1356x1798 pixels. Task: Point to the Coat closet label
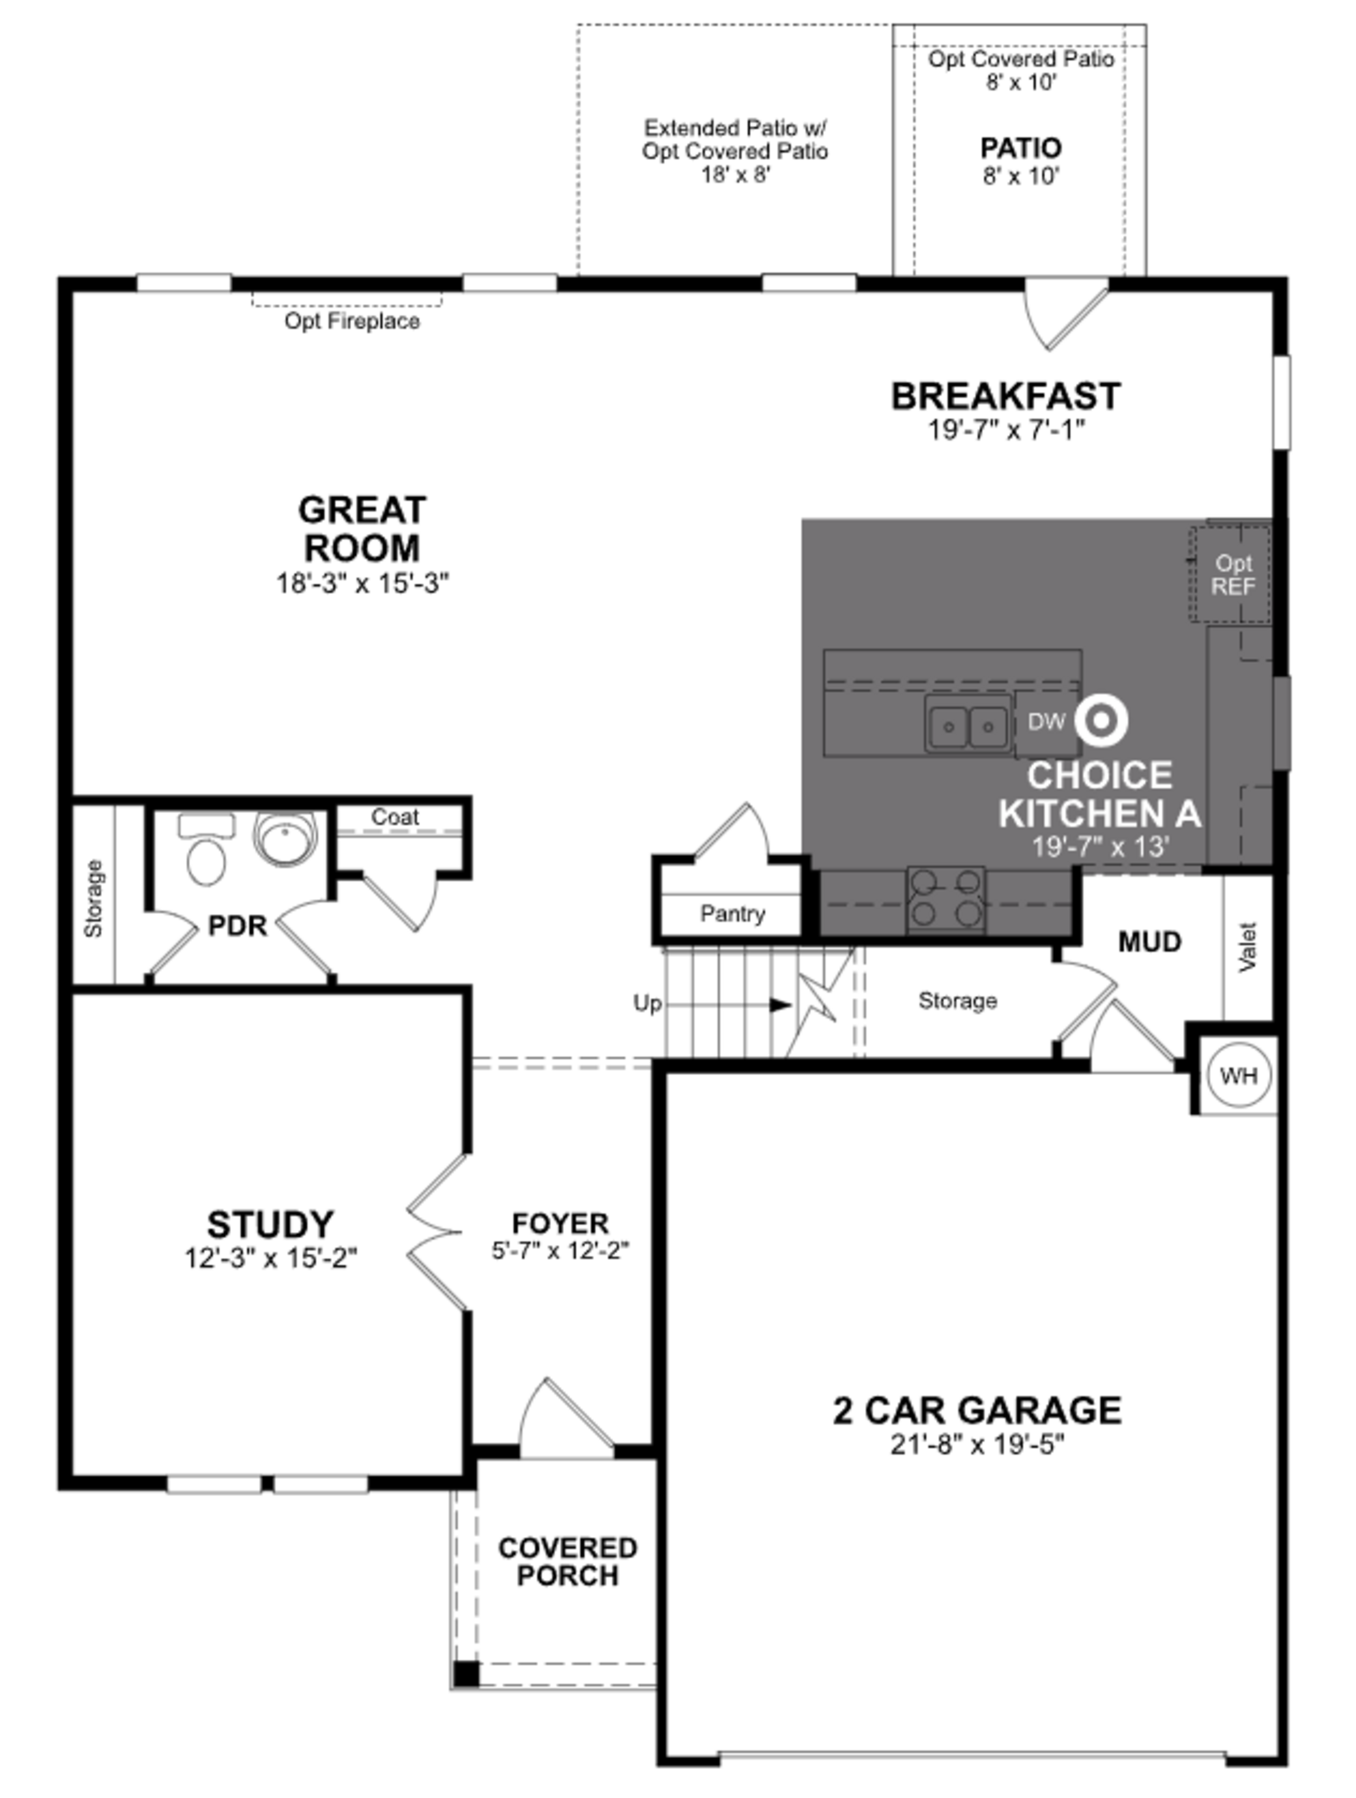(x=395, y=817)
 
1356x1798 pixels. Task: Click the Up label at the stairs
(x=647, y=1004)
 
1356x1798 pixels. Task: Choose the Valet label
(x=1248, y=947)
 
